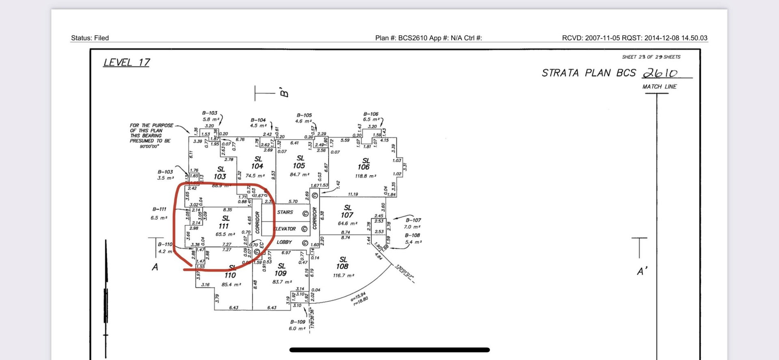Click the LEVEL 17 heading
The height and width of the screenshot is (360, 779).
tap(126, 63)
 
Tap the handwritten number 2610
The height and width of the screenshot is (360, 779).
tap(660, 73)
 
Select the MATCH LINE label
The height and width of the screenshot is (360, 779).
tap(659, 86)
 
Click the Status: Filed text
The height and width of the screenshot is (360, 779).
tap(90, 38)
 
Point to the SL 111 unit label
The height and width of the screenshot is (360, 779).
tap(224, 222)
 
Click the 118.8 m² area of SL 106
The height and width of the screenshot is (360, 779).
tap(365, 176)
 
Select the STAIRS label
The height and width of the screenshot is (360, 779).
tap(285, 212)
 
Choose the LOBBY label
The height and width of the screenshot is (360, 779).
tap(284, 242)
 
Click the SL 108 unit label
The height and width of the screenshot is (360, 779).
tap(342, 263)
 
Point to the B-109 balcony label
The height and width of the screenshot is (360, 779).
tap(297, 322)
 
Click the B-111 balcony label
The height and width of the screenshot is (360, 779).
tap(159, 209)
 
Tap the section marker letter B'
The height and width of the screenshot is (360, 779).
tap(284, 93)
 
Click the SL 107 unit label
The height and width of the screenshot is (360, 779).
tap(347, 211)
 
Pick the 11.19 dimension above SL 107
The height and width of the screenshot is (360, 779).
tap(353, 194)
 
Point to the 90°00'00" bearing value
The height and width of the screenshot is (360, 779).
tap(149, 146)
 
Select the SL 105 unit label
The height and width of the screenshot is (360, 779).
tap(299, 162)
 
